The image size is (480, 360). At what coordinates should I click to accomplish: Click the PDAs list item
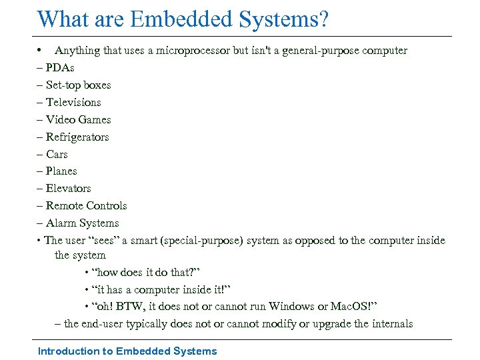coord(60,68)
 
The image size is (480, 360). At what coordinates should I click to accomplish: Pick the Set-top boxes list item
coord(78,85)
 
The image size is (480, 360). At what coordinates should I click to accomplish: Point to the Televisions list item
coord(73,103)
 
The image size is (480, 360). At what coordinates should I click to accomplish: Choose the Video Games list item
coord(78,120)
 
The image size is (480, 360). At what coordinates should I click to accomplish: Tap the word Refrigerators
coord(77,137)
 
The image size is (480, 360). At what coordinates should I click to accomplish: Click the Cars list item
coord(57,155)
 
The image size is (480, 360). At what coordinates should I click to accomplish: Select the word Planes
coord(61,171)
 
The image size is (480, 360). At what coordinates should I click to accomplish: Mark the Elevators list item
coord(68,189)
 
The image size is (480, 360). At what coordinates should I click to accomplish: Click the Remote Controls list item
coord(86,206)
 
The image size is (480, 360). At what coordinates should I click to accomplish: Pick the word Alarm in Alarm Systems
coord(61,223)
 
